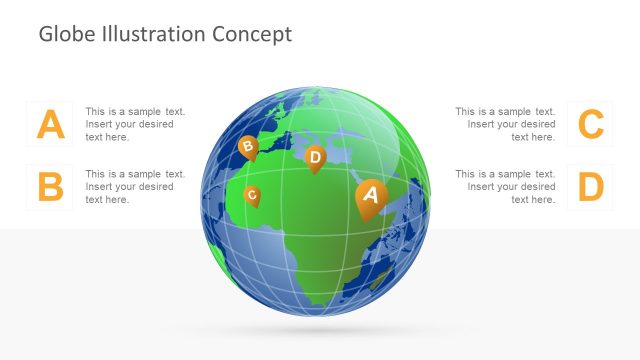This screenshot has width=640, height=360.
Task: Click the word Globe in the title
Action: [x=66, y=34]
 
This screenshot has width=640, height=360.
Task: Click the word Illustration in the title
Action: [x=151, y=34]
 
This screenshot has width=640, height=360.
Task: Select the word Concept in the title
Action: [x=252, y=34]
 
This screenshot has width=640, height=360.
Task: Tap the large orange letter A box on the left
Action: [x=50, y=124]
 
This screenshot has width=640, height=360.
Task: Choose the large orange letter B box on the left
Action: [x=50, y=187]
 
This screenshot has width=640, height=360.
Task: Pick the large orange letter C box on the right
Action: [x=591, y=124]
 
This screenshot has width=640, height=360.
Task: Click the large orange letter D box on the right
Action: [x=591, y=187]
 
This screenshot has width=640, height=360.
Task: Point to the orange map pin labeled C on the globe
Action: [x=252, y=195]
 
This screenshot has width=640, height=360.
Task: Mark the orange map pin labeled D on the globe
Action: [x=315, y=158]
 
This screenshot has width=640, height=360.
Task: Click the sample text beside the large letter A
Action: [x=135, y=124]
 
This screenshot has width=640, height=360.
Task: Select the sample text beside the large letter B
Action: [x=135, y=187]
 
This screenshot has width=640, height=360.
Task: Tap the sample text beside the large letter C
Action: [x=505, y=124]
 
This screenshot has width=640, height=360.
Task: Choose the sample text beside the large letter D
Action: [x=505, y=187]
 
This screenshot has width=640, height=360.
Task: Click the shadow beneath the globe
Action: [x=316, y=331]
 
